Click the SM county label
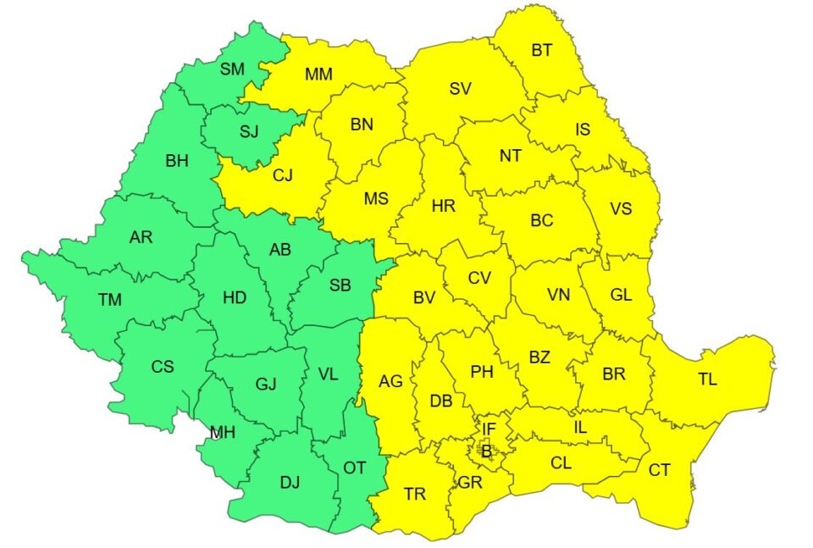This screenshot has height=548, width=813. pos(232,69)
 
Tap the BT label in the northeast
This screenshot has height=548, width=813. pos(542,51)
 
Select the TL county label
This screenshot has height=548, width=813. pos(707,379)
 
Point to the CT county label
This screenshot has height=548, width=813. pos(660,470)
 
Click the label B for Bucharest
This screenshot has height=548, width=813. pos(486,451)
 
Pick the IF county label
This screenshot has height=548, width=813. pos(489,429)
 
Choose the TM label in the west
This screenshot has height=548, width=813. pos(109,299)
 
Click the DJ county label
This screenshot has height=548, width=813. pos(290,483)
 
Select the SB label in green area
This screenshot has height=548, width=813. pos(340,285)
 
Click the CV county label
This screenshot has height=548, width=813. pos(479,277)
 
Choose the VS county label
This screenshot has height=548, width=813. pos(621,208)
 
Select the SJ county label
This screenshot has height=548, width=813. pos(249,131)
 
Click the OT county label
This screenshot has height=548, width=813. pos(354,466)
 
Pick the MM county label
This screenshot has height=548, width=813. pos(318,75)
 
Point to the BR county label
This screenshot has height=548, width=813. pos(613,374)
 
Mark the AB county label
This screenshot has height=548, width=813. pos(279,251)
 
